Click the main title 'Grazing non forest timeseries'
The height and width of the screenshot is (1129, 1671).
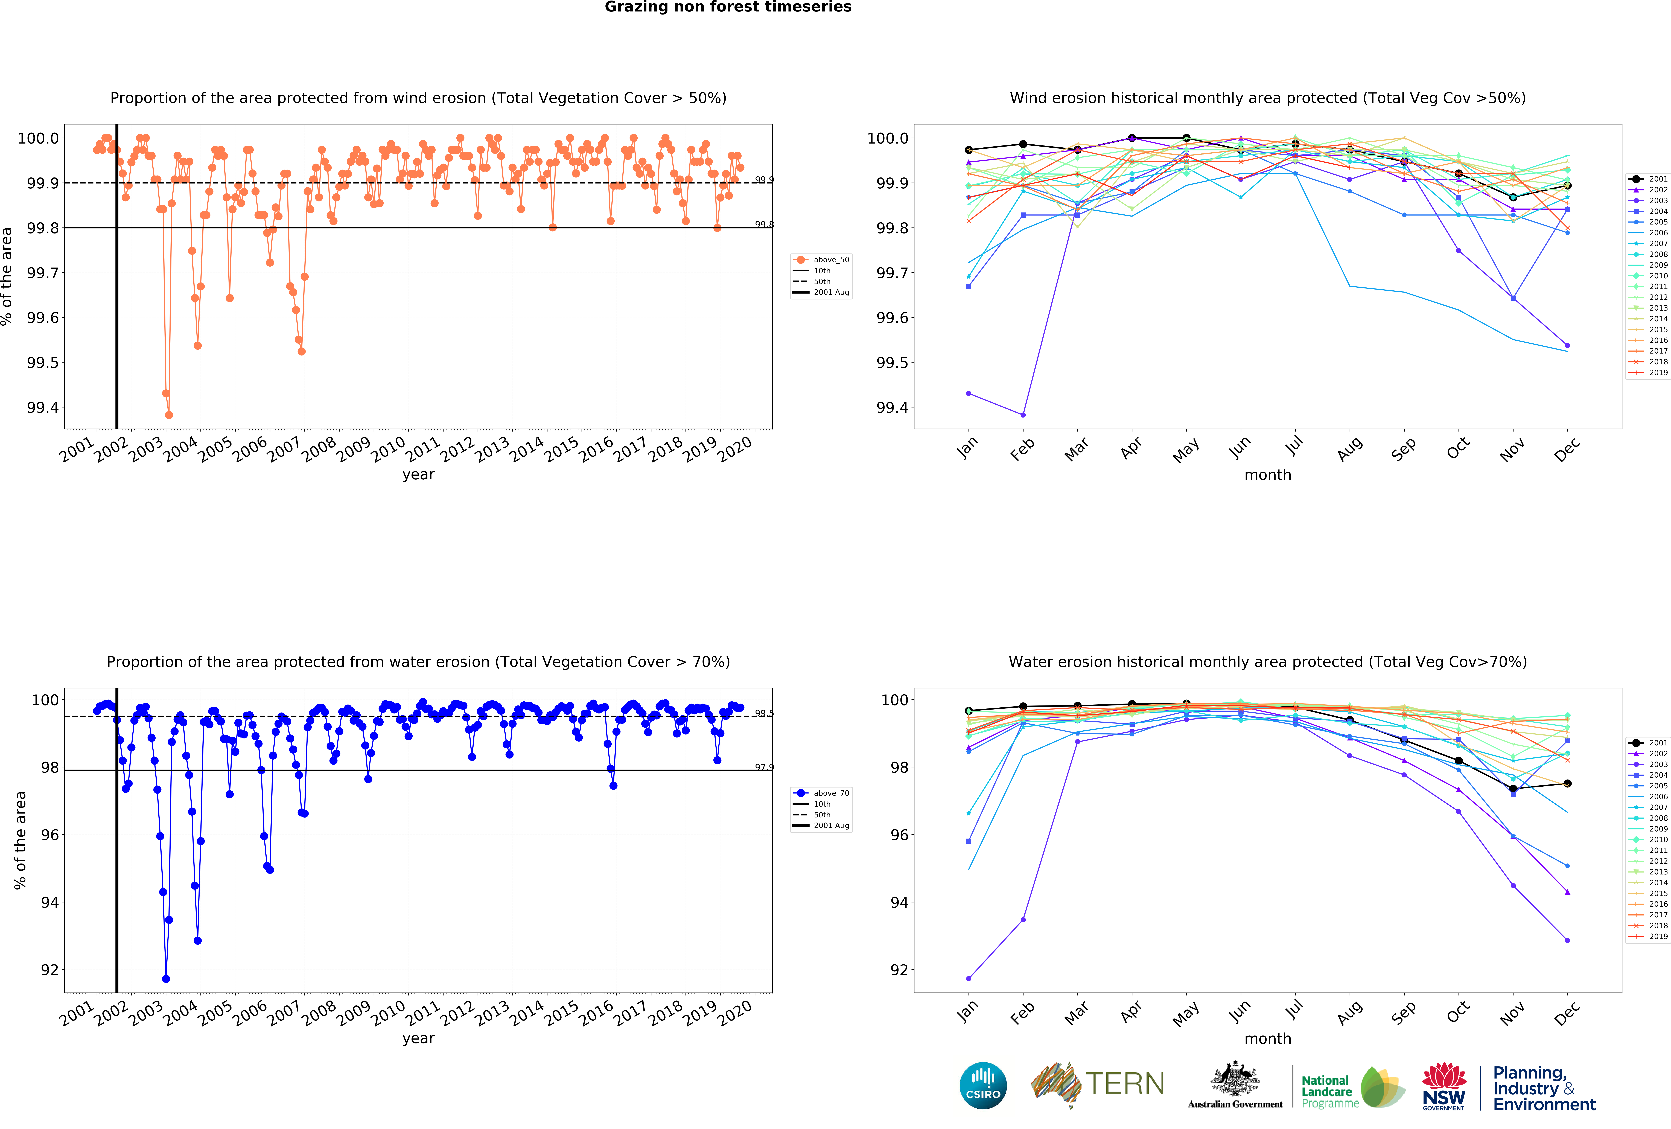(728, 7)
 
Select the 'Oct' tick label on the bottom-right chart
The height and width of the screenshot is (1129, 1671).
(1458, 1013)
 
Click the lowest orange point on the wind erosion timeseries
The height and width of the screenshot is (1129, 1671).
(169, 415)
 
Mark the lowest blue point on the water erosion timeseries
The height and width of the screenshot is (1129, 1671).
(166, 979)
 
